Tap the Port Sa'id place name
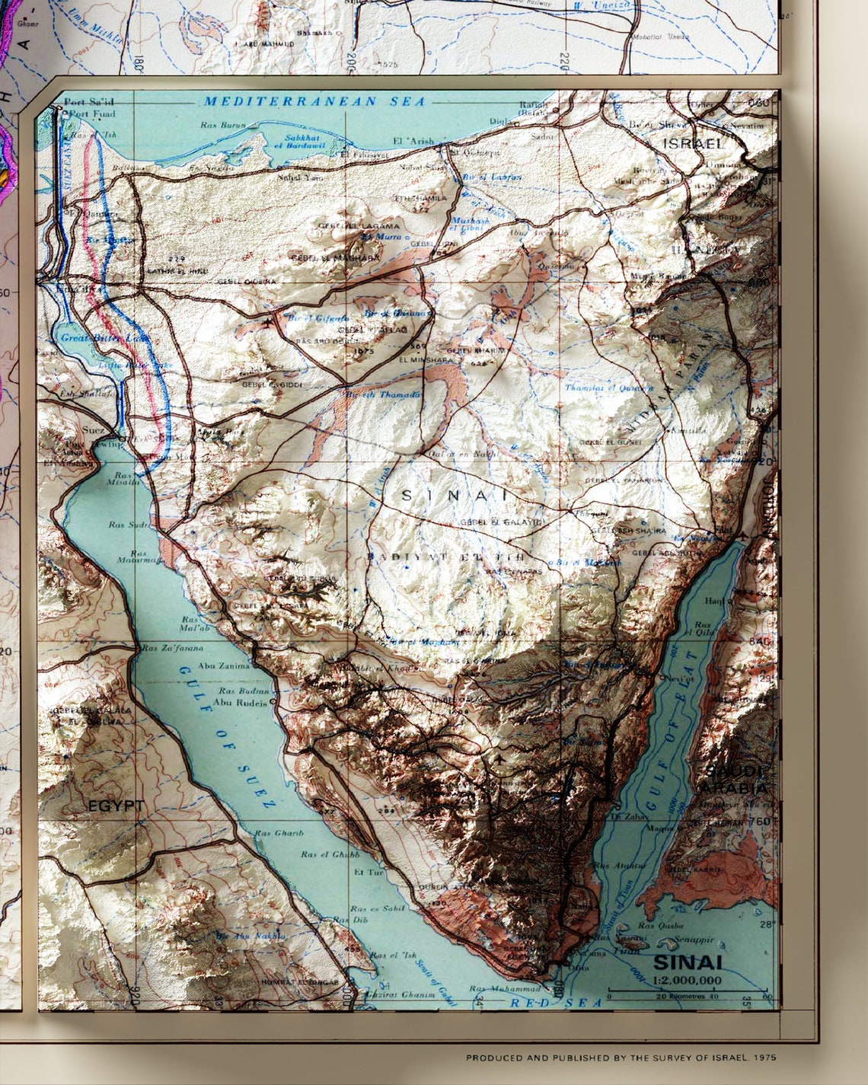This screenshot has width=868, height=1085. point(88,101)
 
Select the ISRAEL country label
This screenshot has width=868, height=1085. point(693,143)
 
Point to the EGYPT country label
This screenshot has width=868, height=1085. point(116,806)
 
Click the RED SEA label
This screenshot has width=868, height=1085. point(556,1003)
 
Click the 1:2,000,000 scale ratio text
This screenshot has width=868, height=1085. point(688,980)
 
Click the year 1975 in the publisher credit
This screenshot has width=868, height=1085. point(764,1058)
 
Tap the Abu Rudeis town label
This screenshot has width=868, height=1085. point(241,702)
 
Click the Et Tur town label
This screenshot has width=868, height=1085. point(369,872)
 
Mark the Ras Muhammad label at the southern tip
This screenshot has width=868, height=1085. point(499,989)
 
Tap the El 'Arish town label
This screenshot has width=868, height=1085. point(412,141)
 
